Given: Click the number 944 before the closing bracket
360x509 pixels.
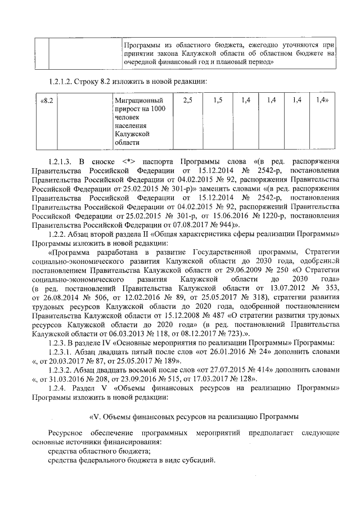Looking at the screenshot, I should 201,224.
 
